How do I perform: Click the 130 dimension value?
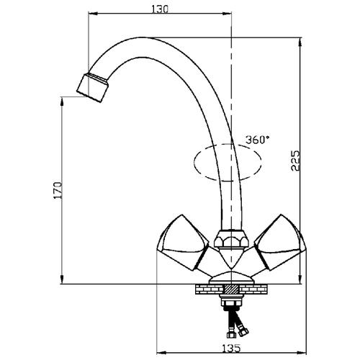coord(160,9)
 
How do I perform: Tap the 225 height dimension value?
coord(295,161)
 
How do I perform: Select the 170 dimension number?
coord(58,190)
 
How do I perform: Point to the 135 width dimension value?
coord(231,348)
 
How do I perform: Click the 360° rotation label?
coord(257,140)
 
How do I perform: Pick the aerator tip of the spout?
coord(93,87)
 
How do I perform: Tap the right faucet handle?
coord(279,243)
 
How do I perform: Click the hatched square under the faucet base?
coord(231,289)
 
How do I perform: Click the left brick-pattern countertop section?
coord(210,289)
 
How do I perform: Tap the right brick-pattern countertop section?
coord(253,289)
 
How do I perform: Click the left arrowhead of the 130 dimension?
coord(93,14)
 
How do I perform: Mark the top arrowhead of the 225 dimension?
coord(300,42)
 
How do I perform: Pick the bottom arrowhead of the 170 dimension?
coord(63,279)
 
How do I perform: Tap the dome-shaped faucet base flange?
coord(231,279)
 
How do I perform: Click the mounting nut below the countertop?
coord(231,300)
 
